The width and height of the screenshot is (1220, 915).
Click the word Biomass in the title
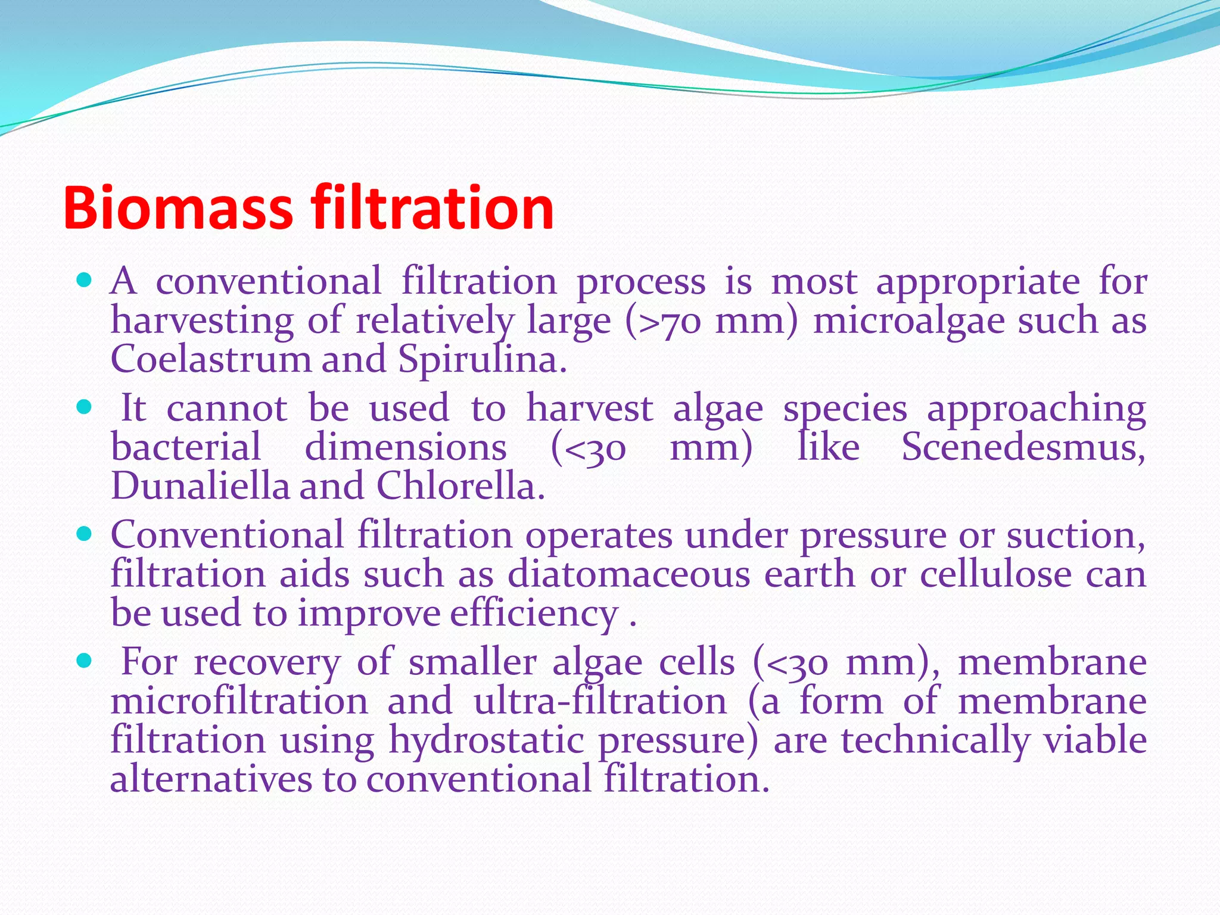pyautogui.click(x=178, y=208)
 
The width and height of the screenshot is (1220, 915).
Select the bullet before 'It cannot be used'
pyautogui.click(x=85, y=407)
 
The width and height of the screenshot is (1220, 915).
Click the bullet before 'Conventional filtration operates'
pyautogui.click(x=85, y=534)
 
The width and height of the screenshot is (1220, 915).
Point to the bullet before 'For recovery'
pyautogui.click(x=85, y=661)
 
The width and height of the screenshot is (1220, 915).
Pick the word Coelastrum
pyautogui.click(x=211, y=360)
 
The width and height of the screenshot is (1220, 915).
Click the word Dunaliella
pyautogui.click(x=200, y=486)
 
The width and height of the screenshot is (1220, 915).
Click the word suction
pyautogui.click(x=1075, y=535)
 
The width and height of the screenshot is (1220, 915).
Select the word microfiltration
pyautogui.click(x=239, y=701)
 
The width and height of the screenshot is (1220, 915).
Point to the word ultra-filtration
pyautogui.click(x=600, y=701)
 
